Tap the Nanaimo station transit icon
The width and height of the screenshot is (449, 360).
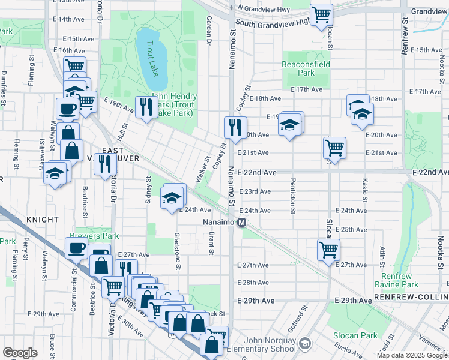tap(242, 223)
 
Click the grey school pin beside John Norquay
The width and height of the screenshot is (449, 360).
tap(305, 343)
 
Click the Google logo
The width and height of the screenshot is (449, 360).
tap(20, 353)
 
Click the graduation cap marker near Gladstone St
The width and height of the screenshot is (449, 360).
tap(172, 197)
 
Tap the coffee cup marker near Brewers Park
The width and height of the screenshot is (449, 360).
tap(76, 247)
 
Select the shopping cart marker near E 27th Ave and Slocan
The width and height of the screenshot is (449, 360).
tap(328, 248)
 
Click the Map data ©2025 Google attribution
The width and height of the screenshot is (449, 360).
tap(412, 355)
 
